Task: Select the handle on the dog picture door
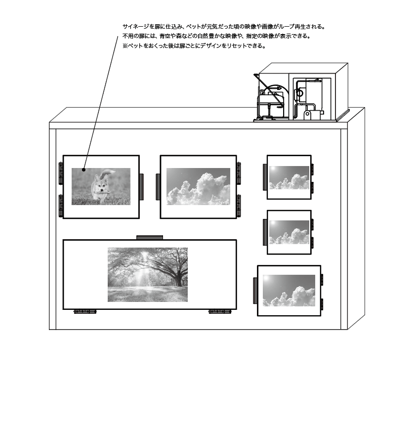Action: click(141, 186)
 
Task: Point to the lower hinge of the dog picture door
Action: click(61, 205)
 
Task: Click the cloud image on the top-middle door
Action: click(198, 186)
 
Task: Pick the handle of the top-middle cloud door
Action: click(158, 187)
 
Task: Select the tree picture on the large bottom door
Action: click(148, 274)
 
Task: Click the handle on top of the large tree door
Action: click(150, 237)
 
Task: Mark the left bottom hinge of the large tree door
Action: click(84, 311)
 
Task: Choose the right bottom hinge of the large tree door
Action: click(220, 311)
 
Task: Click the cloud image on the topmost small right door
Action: click(289, 177)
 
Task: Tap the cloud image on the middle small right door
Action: click(289, 232)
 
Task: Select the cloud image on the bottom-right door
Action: click(289, 290)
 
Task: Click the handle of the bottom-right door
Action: click(255, 291)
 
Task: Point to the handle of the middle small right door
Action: click(265, 232)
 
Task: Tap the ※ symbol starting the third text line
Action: click(125, 46)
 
